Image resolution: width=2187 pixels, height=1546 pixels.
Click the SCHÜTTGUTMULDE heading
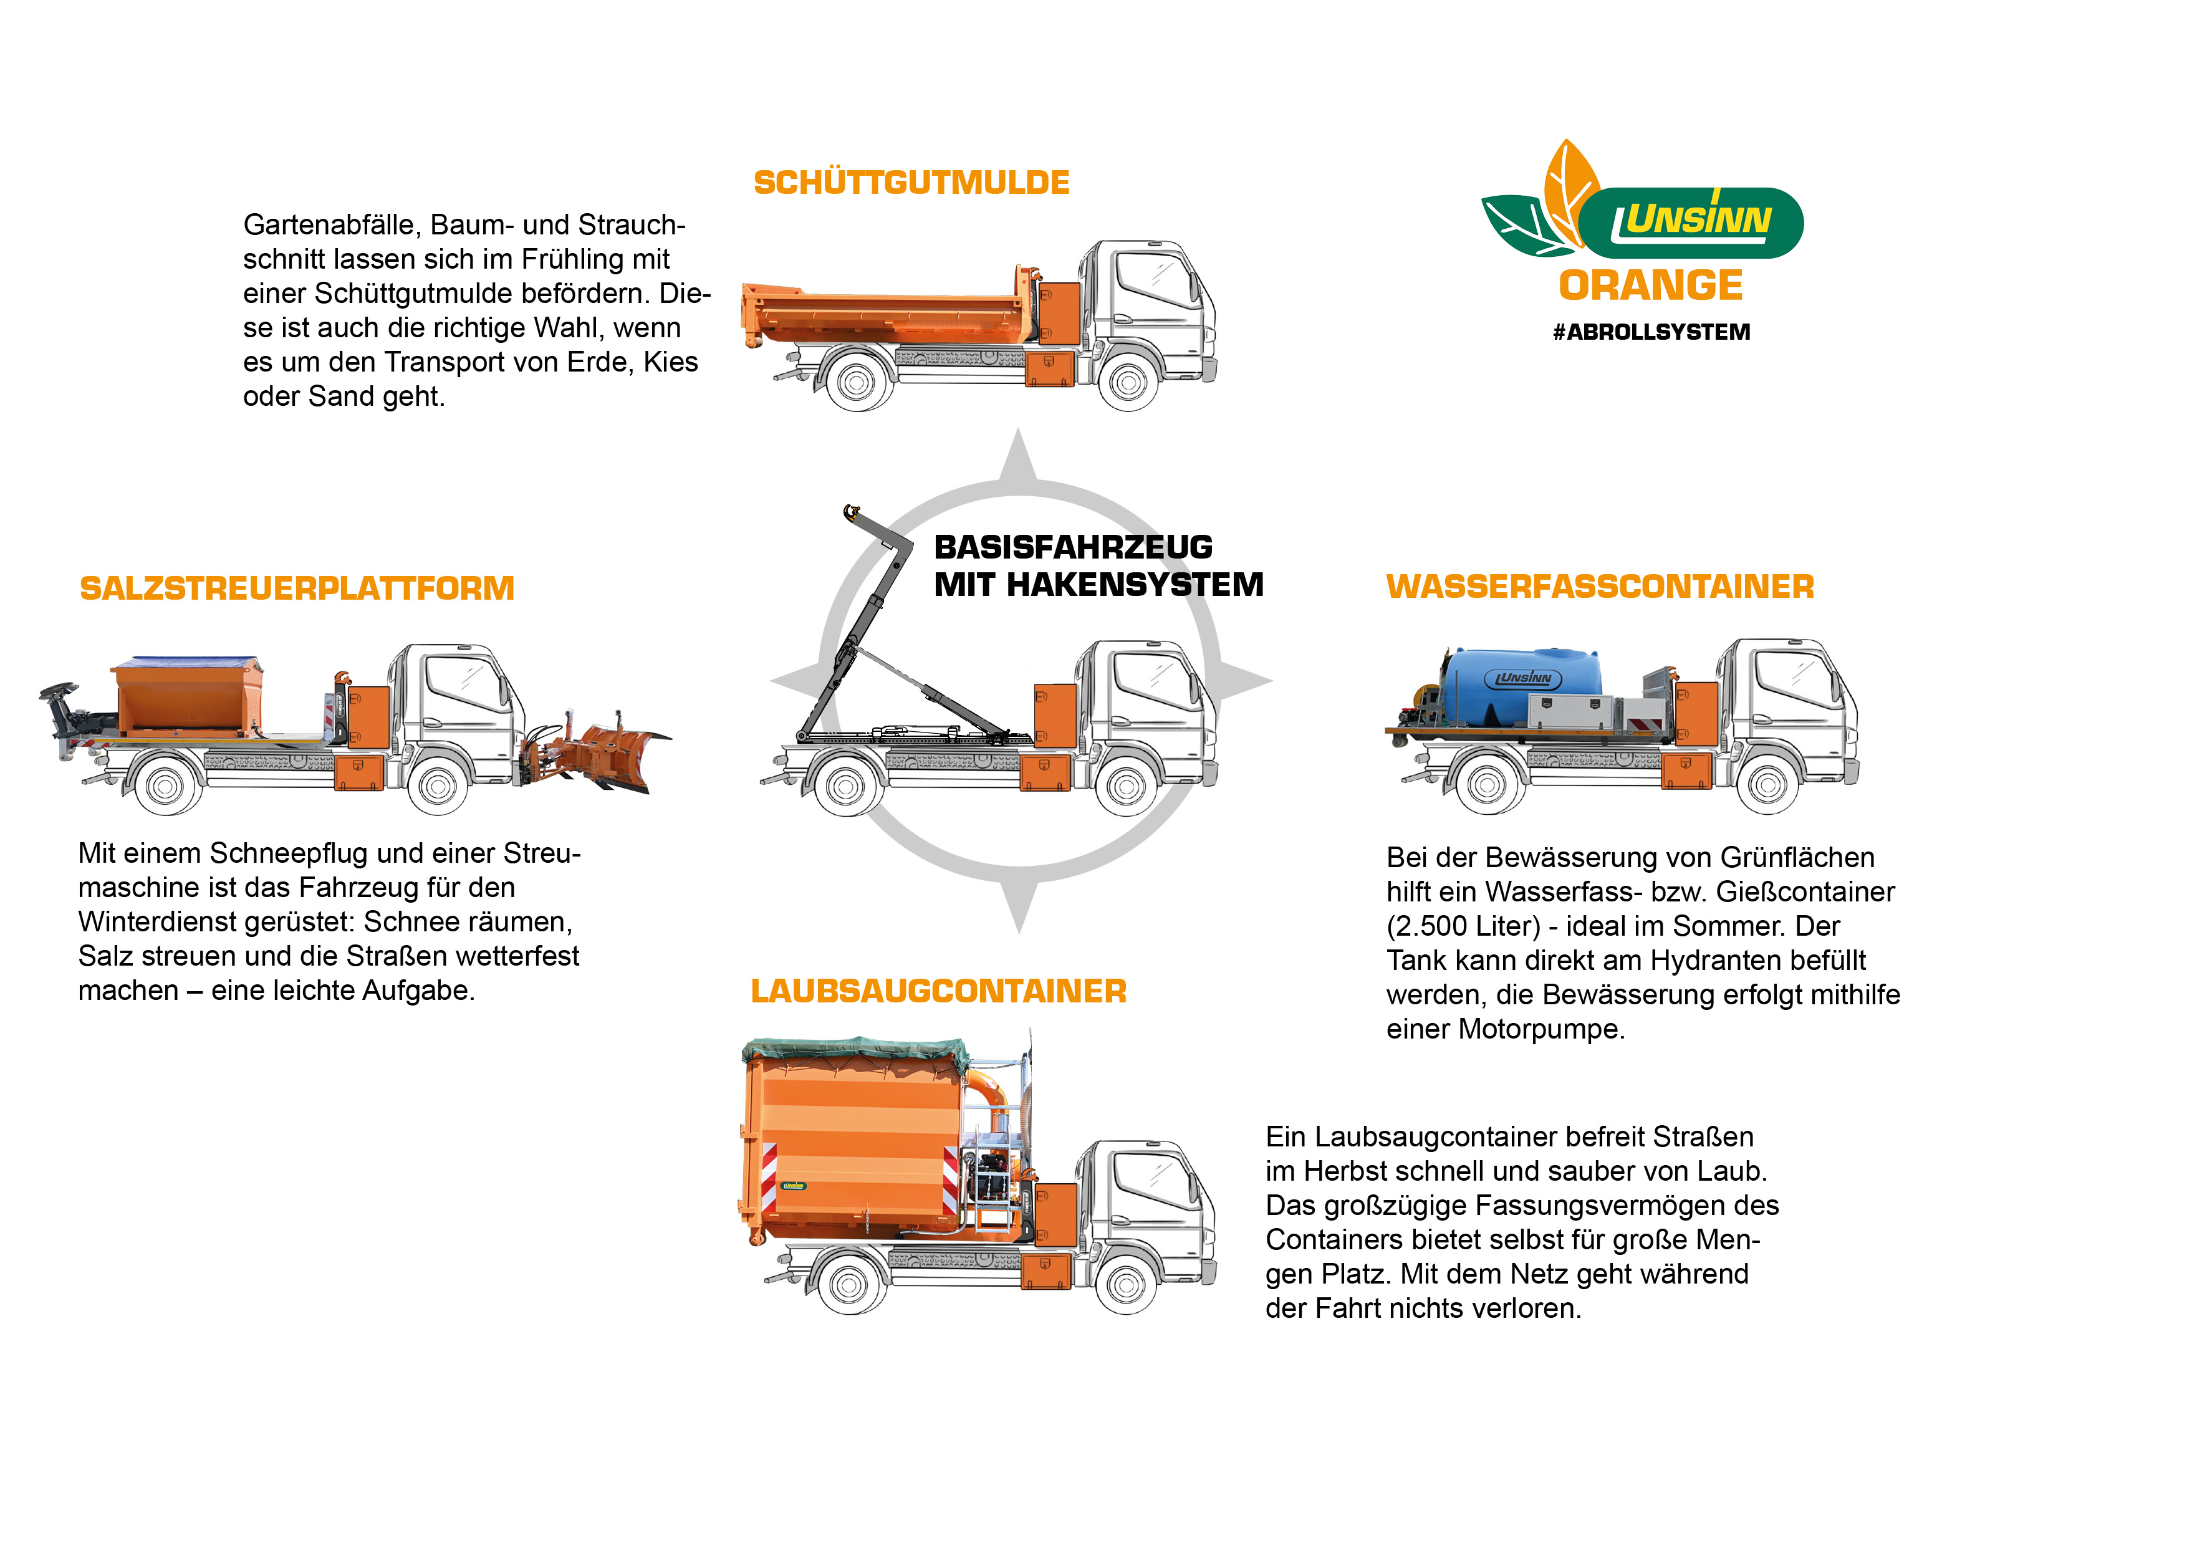pyautogui.click(x=911, y=183)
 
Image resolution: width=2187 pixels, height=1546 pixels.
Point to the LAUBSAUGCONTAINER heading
pyautogui.click(x=938, y=992)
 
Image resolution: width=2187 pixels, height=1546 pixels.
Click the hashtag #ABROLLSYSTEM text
pyautogui.click(x=1651, y=332)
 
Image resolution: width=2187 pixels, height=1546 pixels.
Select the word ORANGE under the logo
pyautogui.click(x=1651, y=286)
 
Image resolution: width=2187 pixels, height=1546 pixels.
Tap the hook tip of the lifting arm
pyautogui.click(x=850, y=514)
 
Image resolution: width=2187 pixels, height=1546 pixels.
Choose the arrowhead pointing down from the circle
pyautogui.click(x=1018, y=910)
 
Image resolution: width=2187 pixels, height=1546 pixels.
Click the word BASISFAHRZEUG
pyautogui.click(x=1072, y=548)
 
